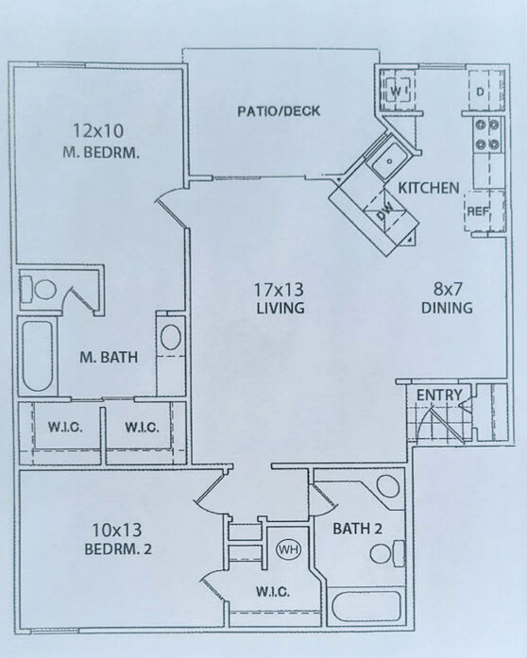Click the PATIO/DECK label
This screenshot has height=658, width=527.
pos(279,111)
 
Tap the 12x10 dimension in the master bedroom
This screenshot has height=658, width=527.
pos(98,130)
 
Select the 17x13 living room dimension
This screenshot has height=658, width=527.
pos(279,289)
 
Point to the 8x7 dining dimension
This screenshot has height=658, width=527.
pos(448,288)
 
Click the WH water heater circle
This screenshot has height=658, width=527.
pos(288,549)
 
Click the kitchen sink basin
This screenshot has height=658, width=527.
pos(390,160)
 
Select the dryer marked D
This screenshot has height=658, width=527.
pos(486,91)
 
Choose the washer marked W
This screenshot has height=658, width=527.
pos(398,91)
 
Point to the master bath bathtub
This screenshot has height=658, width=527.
pos(38,356)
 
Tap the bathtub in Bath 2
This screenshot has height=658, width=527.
pos(365,606)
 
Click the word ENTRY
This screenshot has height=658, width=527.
pos(439,395)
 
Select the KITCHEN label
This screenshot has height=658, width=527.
pos(429,188)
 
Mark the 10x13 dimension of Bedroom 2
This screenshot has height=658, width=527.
pos(117,530)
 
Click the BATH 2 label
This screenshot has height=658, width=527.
pos(357,529)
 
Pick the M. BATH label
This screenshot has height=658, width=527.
pos(109,357)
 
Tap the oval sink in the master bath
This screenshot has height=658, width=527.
pos(171,337)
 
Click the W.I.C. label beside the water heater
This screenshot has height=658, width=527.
pos(273,592)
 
